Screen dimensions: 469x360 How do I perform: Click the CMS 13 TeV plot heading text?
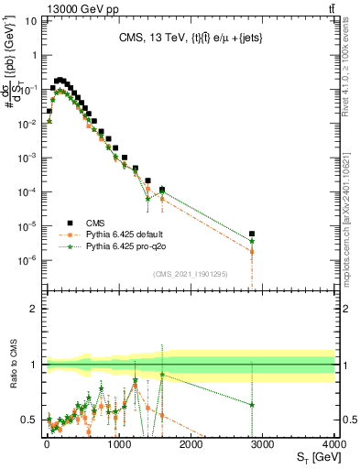189,38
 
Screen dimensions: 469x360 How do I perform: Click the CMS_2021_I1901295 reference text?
190,274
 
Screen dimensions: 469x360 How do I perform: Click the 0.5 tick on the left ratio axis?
30,420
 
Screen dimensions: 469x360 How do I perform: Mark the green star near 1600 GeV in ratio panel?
162,374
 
